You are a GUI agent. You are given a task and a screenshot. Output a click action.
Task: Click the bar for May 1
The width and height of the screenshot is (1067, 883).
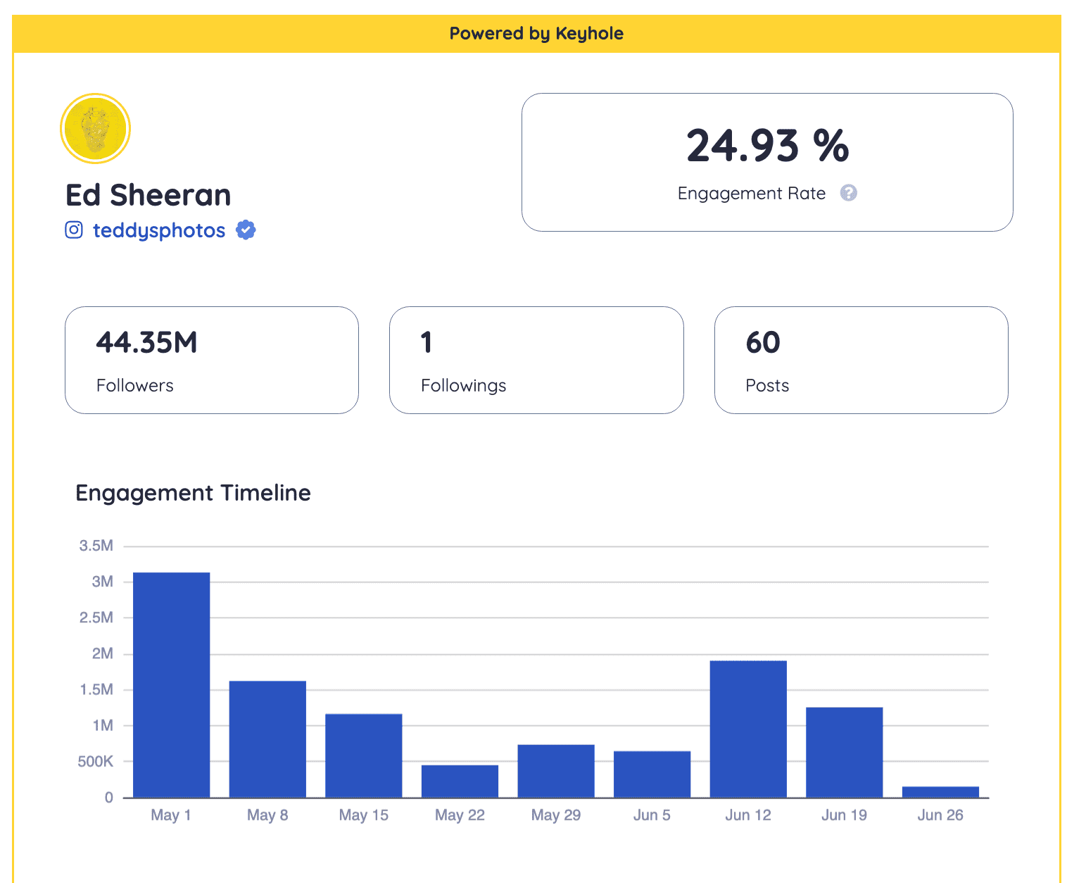coord(171,684)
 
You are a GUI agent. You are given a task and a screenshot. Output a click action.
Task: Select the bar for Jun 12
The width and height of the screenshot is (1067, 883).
coord(748,729)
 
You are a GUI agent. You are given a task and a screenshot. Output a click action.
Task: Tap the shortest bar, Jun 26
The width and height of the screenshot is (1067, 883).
coord(940,792)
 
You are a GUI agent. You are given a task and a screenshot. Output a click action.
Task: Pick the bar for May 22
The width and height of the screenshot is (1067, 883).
coord(460,781)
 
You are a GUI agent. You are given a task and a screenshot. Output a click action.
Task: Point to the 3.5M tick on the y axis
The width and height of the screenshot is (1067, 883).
coord(96,546)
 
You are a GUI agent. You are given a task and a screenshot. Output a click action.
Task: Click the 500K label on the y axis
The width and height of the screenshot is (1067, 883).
coord(95,761)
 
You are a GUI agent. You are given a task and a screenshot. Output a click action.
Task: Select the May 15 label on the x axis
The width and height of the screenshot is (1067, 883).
coord(363,815)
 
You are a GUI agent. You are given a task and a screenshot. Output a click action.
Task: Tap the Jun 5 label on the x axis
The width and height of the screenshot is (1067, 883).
coord(652,815)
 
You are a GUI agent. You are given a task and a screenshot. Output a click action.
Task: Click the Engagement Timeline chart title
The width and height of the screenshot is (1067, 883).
coord(193,493)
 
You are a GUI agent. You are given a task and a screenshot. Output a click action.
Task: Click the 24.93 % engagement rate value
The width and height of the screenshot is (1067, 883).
coord(767,146)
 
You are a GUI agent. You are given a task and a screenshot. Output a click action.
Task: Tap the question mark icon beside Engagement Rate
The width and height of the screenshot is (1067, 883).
coord(849,193)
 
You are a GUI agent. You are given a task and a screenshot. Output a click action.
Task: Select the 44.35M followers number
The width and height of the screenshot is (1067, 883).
coord(146,343)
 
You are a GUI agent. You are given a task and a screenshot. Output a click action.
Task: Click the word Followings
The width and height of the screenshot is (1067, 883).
coord(463,386)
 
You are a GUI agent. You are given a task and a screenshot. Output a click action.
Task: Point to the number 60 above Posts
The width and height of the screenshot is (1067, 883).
coord(763,343)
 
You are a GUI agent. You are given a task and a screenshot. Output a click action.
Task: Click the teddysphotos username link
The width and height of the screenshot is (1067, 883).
coord(159,231)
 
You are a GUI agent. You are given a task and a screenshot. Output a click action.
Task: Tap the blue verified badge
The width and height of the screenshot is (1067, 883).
coord(246,230)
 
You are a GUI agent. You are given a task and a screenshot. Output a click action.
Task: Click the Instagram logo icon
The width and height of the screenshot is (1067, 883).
coord(74,230)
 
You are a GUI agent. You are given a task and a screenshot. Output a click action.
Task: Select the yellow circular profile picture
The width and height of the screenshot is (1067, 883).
coord(95,129)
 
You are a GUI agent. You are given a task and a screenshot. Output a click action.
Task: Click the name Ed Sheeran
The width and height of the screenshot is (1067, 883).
coord(149,195)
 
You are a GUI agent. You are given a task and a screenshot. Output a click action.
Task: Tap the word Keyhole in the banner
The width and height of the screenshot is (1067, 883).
coord(589,34)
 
